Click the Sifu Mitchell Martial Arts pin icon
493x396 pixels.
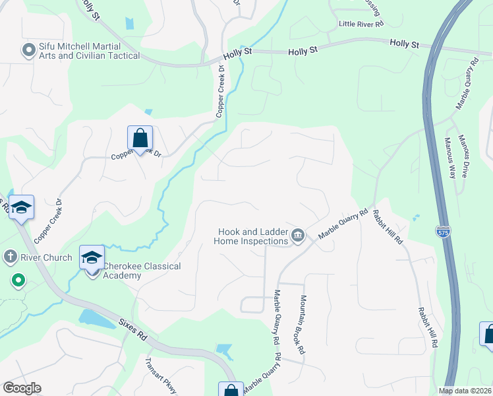pos(28,49)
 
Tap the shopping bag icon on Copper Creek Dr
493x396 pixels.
pos(140,139)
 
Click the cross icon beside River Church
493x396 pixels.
pos(11,256)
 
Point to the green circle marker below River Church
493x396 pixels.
pos(18,281)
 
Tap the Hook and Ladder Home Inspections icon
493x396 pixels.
pos(297,236)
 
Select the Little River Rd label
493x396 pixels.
pos(361,24)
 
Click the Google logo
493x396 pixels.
pos(22,388)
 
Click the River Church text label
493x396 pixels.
pos(45,257)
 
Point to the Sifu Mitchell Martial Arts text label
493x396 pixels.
pos(89,51)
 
